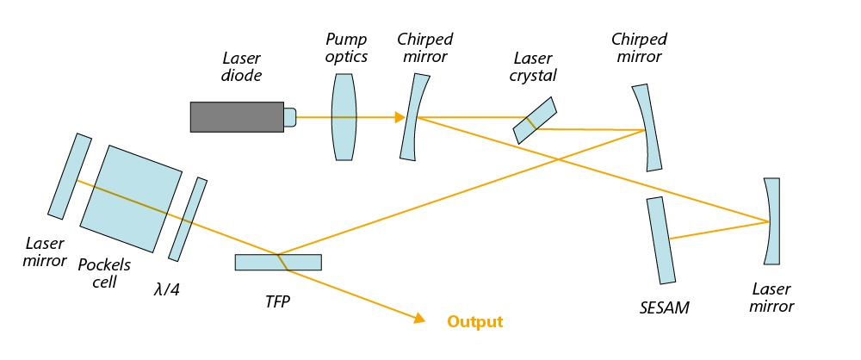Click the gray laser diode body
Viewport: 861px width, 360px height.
[238, 117]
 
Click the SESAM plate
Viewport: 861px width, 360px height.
[658, 240]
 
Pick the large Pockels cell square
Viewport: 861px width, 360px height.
[131, 199]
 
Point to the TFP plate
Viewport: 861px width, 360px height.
[277, 262]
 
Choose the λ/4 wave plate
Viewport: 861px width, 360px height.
[188, 220]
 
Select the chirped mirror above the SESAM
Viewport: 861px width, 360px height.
[647, 127]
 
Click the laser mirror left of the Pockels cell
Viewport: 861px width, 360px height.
[71, 176]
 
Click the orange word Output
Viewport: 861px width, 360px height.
[474, 322]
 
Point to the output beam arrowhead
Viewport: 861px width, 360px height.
[420, 319]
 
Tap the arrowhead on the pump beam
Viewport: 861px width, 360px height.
[400, 117]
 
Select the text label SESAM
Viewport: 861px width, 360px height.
[666, 307]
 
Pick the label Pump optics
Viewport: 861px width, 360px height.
[346, 47]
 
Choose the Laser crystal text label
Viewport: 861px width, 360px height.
[534, 67]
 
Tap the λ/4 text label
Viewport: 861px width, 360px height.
[164, 290]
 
